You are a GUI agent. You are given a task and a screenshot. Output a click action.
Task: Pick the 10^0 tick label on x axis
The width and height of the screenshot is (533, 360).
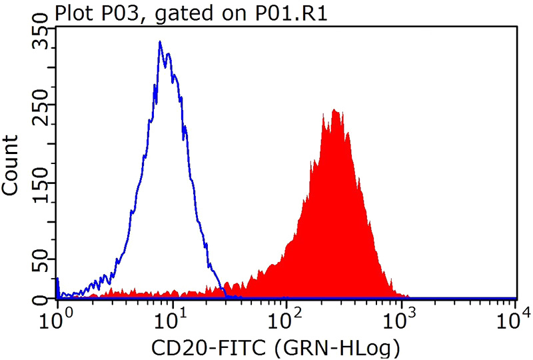pyautogui.click(x=57, y=317)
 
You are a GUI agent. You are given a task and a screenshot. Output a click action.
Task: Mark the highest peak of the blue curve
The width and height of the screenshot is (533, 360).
pyautogui.click(x=160, y=42)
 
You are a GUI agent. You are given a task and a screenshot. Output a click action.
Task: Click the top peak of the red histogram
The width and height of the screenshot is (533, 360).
pyautogui.click(x=335, y=111)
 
